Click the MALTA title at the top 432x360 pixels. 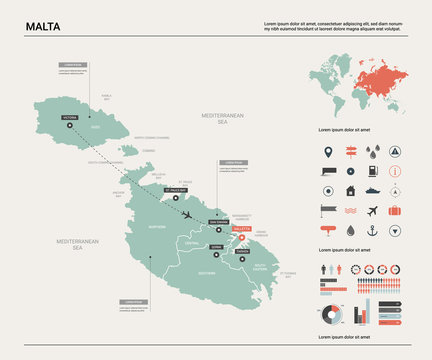[x=42, y=25]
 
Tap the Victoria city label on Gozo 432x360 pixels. [x=69, y=118]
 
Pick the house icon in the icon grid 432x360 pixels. [x=350, y=190]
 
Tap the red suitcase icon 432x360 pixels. [x=395, y=210]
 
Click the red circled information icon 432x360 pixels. [x=395, y=172]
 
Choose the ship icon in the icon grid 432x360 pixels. [x=372, y=190]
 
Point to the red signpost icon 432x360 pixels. [x=350, y=153]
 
